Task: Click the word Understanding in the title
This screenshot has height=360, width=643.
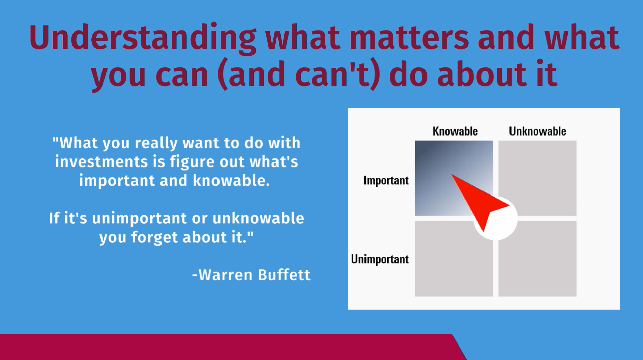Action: [x=142, y=38]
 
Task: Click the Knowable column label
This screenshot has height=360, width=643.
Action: [x=455, y=131]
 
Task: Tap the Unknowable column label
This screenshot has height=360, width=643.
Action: [x=537, y=131]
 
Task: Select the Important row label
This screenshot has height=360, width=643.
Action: [x=386, y=180]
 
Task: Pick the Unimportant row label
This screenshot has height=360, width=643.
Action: [x=380, y=259]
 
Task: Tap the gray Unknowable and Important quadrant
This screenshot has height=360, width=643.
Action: [x=537, y=178]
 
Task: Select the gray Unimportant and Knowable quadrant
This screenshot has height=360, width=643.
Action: [x=454, y=259]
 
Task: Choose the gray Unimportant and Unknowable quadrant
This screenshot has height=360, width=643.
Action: [x=537, y=259]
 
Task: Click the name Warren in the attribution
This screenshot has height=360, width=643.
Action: [x=225, y=275]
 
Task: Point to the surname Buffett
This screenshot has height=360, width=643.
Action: [x=284, y=275]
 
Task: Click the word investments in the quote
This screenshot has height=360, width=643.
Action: [x=101, y=161]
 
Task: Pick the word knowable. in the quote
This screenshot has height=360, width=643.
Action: [x=231, y=181]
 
